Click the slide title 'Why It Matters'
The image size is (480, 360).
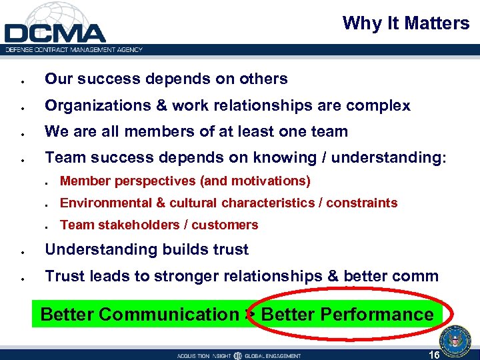(x=405, y=23)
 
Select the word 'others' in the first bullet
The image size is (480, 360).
(x=265, y=79)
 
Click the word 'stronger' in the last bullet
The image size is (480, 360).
(x=183, y=276)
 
